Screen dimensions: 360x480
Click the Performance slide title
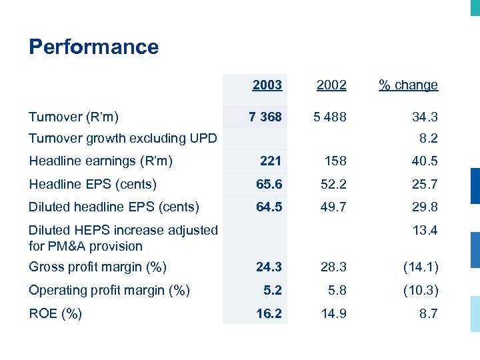tap(93, 47)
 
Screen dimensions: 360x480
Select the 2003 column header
tap(267, 85)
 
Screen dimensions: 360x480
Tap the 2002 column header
tap(331, 85)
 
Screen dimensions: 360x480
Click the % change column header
tap(408, 85)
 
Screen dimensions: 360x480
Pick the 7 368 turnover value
tap(265, 117)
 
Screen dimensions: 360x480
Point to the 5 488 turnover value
tap(331, 117)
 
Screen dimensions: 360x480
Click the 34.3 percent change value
tap(425, 117)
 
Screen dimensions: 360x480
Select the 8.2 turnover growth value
tap(428, 139)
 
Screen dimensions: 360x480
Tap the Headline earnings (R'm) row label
tap(101, 161)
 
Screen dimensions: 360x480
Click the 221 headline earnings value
tap(270, 161)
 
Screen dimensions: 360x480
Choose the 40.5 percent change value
tap(425, 161)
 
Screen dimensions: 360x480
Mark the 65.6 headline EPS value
tap(269, 184)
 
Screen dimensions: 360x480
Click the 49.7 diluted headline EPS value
tap(333, 207)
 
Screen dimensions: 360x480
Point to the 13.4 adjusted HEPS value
tap(425, 231)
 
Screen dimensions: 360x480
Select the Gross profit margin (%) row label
tap(97, 267)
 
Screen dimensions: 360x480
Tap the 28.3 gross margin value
tap(333, 267)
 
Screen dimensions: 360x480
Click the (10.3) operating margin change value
tap(420, 291)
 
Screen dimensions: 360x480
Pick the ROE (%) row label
tap(55, 313)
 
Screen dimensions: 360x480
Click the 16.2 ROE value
tap(269, 313)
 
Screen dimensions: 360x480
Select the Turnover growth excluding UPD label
tap(123, 139)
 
